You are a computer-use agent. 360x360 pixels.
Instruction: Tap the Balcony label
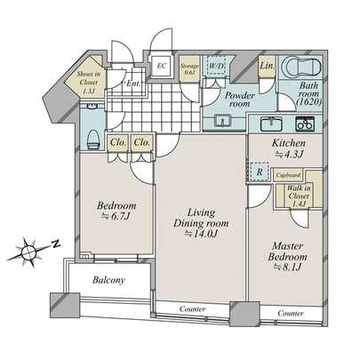[x=106, y=280]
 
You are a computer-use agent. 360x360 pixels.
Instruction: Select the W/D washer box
[x=216, y=67]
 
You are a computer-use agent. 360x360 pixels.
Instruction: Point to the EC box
[x=162, y=65]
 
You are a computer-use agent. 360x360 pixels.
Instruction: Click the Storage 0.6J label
[x=190, y=68]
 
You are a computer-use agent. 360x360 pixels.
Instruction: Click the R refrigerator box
[x=257, y=172]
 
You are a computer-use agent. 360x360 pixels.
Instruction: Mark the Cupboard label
[x=286, y=175]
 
